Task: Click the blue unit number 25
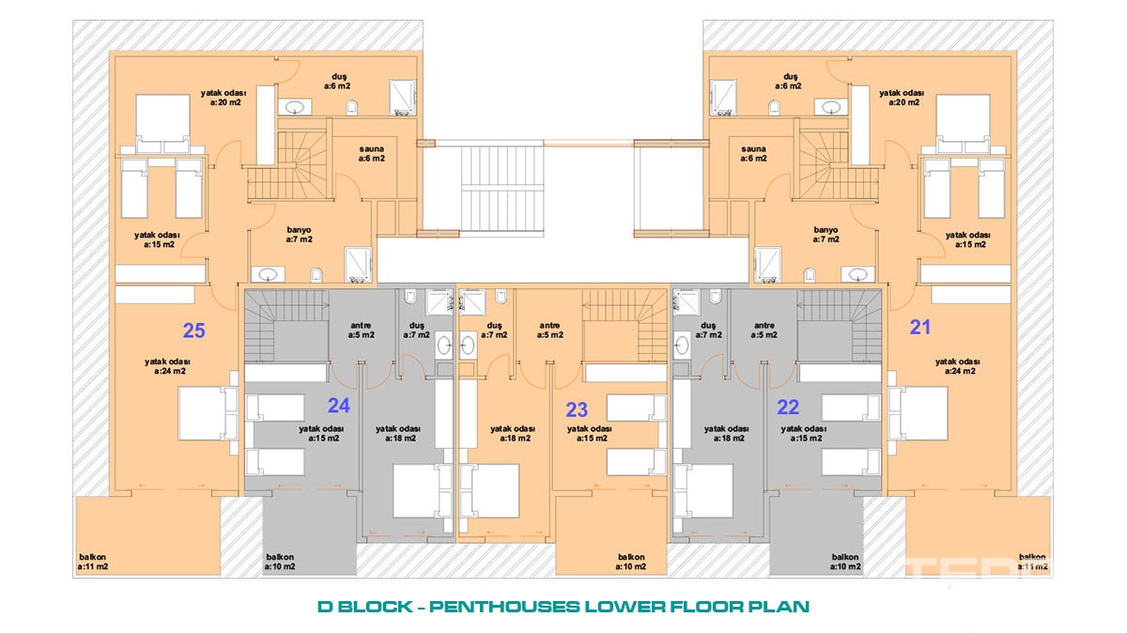[193, 331]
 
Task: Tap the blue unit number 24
[339, 406]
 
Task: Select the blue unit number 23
[577, 410]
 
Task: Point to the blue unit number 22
[788, 407]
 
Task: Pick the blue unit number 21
[920, 328]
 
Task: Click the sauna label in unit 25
[372, 154]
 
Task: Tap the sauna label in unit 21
[753, 154]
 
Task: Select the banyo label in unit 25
[300, 235]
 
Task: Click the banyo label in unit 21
[826, 235]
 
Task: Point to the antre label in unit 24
[362, 331]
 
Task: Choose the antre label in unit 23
[550, 331]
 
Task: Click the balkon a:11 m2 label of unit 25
[93, 562]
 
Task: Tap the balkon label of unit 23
[631, 562]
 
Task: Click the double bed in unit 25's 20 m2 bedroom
[162, 124]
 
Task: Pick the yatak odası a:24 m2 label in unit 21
[957, 366]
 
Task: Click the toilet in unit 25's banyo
[316, 275]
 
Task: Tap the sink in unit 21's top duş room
[831, 107]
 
